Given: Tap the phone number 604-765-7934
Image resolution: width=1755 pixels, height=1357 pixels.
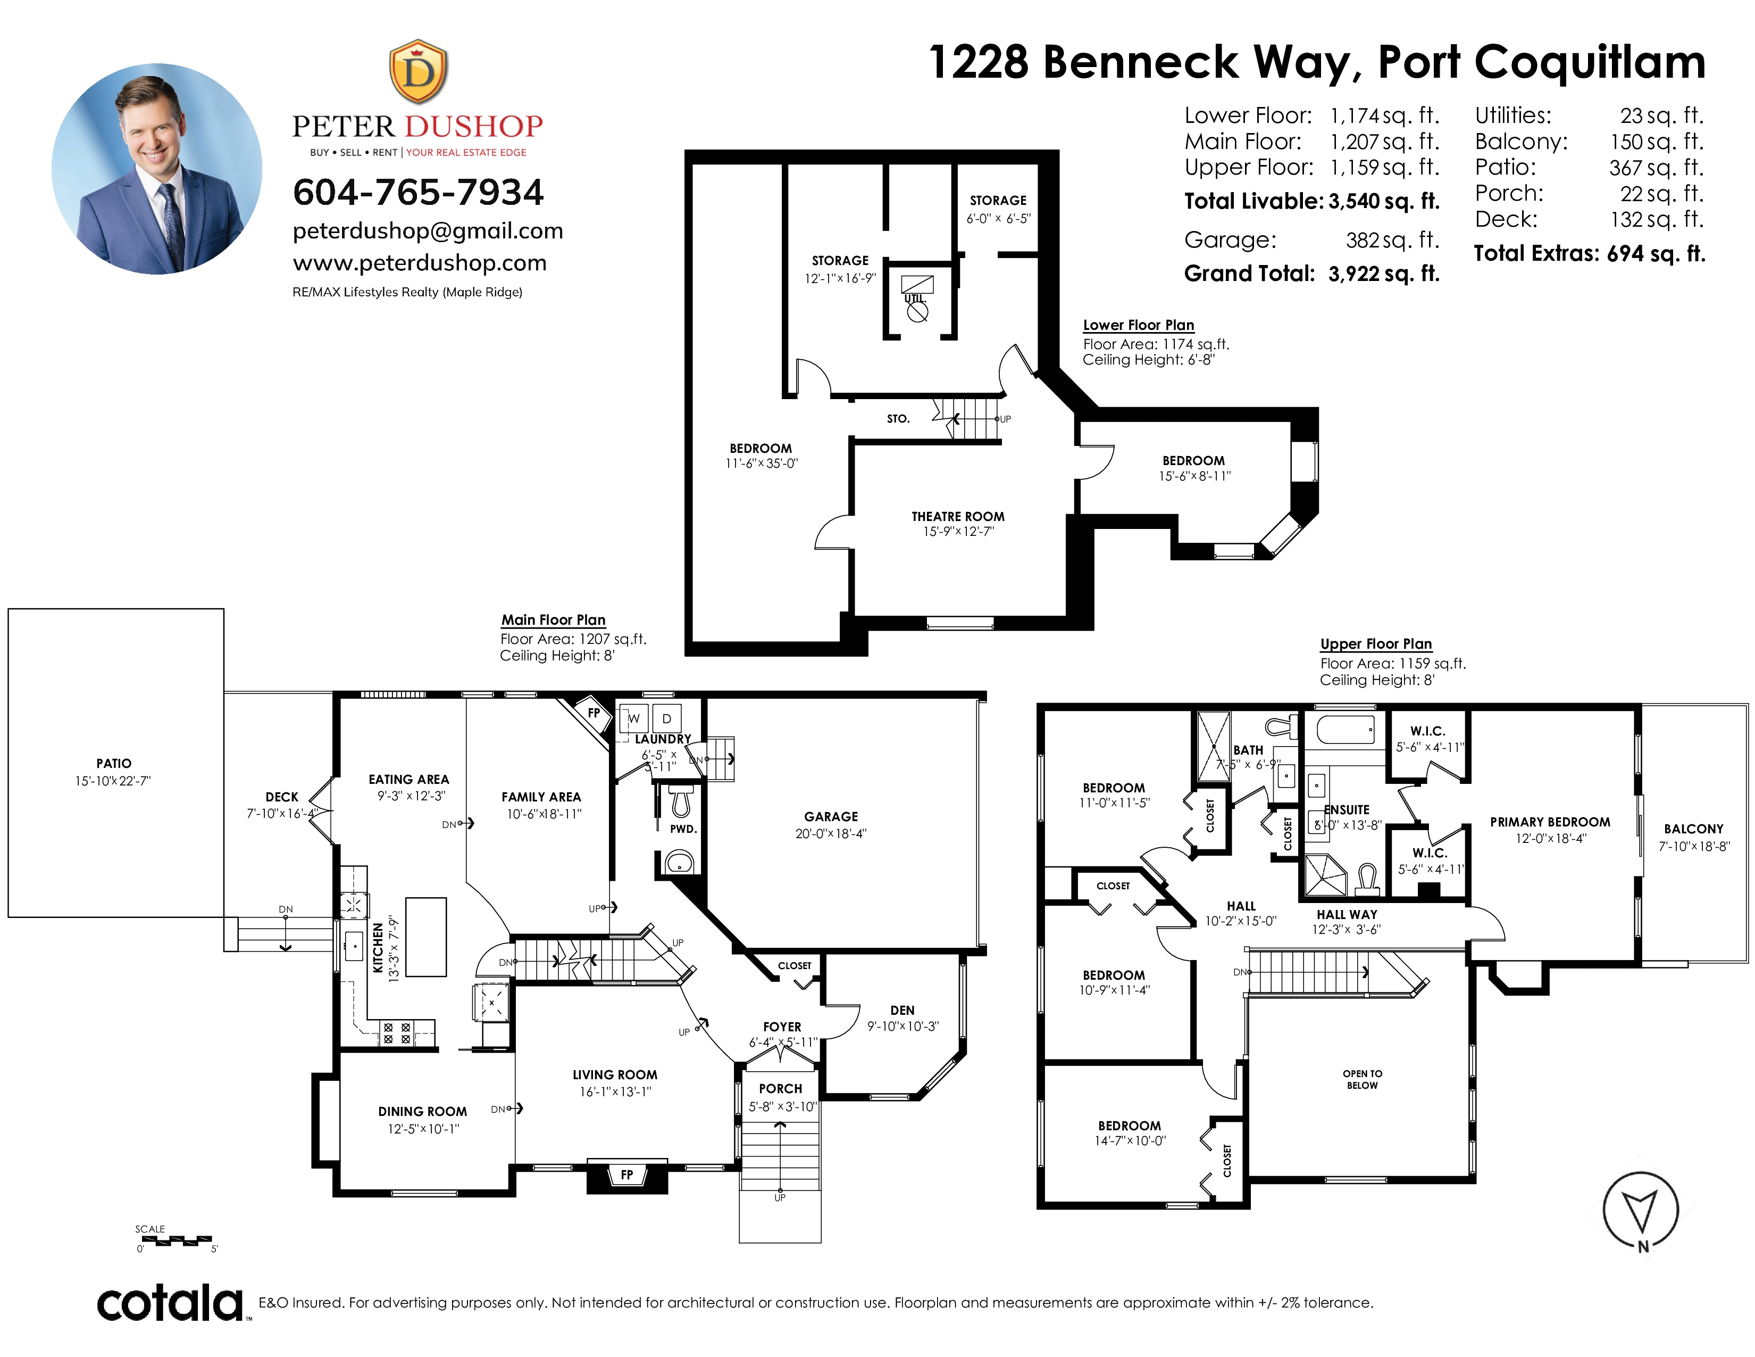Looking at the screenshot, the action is [x=418, y=192].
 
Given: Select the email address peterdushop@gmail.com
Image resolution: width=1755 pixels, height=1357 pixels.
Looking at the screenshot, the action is [x=428, y=231].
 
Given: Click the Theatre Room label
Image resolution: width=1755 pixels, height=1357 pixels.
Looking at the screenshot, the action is [x=958, y=516].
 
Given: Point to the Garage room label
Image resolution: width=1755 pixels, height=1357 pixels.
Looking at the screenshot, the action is [x=831, y=816].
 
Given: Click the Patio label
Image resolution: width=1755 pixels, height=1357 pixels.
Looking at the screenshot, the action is [x=114, y=763].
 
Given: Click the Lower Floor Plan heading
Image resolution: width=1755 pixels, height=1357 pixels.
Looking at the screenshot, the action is [x=1139, y=325].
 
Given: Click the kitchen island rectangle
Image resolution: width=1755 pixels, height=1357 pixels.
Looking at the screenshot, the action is [x=426, y=937].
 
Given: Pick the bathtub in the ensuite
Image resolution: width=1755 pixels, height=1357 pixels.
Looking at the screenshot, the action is [x=1345, y=729].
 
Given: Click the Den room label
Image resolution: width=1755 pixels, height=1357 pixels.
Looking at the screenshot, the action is [x=902, y=1010].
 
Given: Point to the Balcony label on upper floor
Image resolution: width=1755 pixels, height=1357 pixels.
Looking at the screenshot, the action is [x=1694, y=829].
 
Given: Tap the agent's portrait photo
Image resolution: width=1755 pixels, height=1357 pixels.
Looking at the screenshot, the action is [x=157, y=169].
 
